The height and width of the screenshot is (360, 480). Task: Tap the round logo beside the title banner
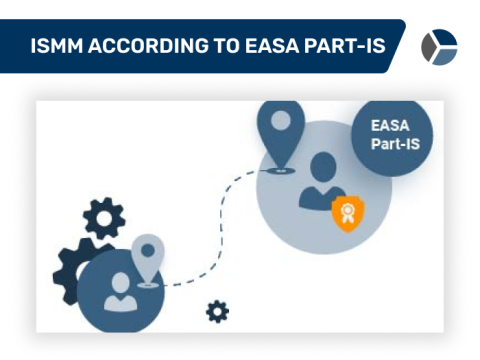point(438,46)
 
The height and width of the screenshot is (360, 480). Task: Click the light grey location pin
point(147,256)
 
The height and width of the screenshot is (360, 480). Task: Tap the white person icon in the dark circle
point(120,290)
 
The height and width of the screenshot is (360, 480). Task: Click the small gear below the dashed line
point(217,312)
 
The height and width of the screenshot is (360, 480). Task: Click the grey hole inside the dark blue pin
point(281,119)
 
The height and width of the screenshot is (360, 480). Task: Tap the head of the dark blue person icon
point(322,167)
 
